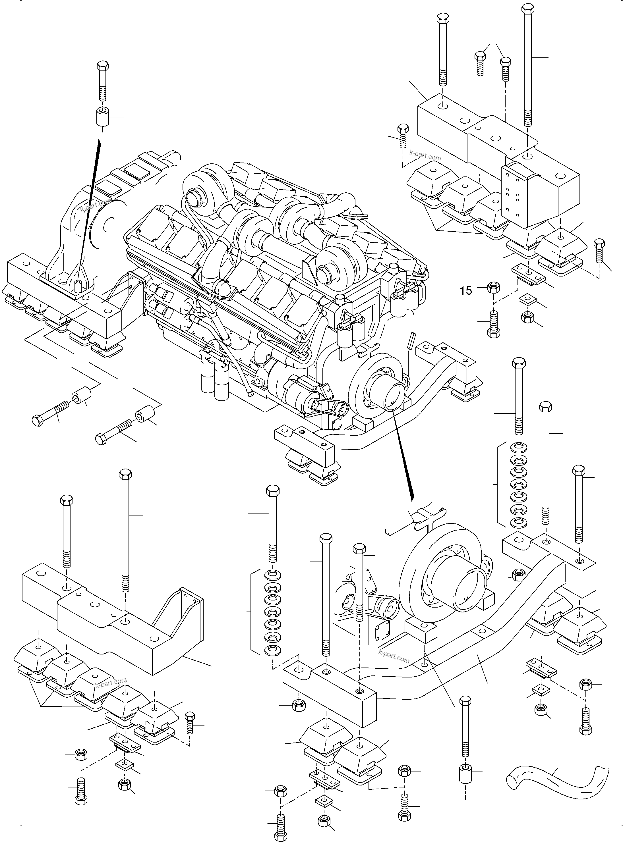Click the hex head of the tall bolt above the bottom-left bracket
click(125, 473)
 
